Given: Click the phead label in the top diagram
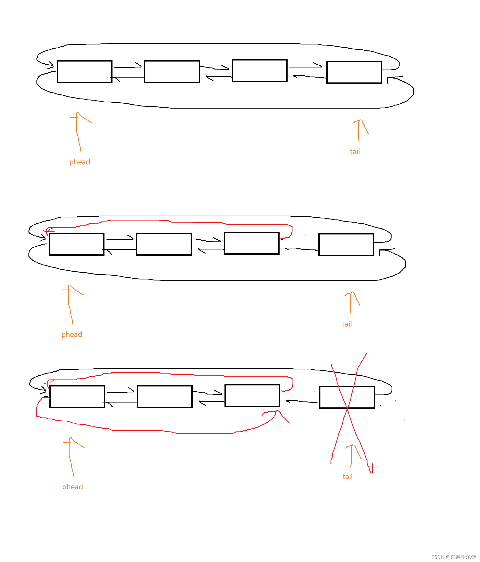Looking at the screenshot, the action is (x=79, y=162).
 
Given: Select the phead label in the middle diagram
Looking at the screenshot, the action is (x=72, y=335).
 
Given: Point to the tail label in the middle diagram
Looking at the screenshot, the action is (x=347, y=324).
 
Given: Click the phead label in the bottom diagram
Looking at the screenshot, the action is (x=72, y=487).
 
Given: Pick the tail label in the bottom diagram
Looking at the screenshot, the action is (x=348, y=476).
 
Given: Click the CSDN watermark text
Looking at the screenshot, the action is (x=453, y=557).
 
